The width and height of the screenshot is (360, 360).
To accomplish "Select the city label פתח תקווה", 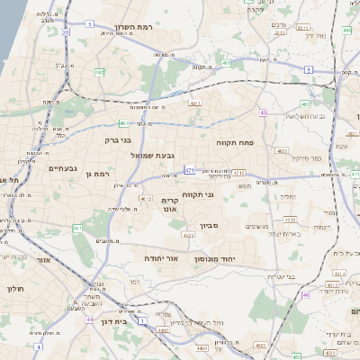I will pos(237,143).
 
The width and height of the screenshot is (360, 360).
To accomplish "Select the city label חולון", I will pos(15,289).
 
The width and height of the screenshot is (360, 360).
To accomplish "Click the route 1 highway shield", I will pos(142,319).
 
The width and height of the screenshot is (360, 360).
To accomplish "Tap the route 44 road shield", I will pos(90,319).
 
